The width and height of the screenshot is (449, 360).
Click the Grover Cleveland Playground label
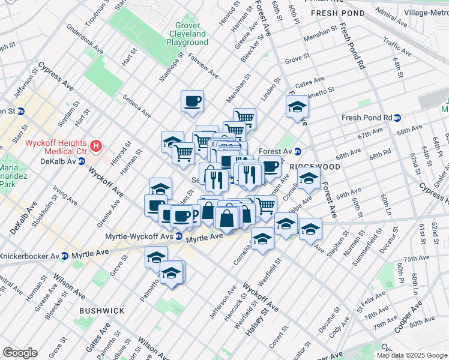tap(187, 34)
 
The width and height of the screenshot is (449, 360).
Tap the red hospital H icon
tap(95, 145)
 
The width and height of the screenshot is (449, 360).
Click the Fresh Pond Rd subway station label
tap(366, 118)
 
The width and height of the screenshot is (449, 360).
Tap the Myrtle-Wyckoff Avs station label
tap(140, 236)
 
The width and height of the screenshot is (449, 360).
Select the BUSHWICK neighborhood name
tap(101, 311)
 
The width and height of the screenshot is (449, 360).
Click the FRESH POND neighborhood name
tap(337, 13)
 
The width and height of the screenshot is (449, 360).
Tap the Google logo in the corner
tap(20, 352)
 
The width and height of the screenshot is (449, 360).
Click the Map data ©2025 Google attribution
tap(412, 355)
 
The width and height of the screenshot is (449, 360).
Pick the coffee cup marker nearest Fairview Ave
tap(192, 101)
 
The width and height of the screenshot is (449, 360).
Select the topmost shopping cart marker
tap(244, 117)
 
